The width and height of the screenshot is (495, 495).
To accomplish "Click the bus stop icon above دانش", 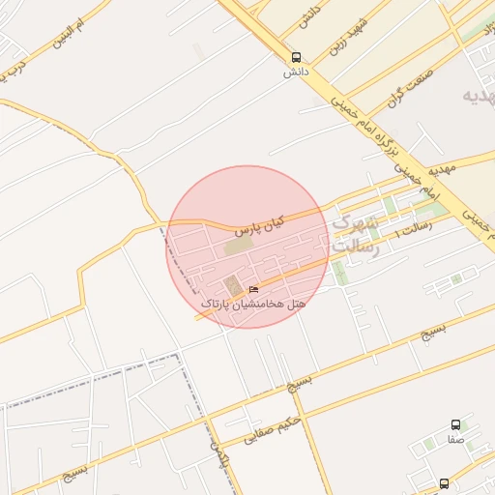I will (x=295, y=57).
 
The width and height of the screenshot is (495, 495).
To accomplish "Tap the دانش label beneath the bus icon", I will (x=294, y=72).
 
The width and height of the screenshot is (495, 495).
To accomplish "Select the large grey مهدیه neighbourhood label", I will (x=479, y=97).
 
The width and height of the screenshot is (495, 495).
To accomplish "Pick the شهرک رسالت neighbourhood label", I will (x=355, y=235).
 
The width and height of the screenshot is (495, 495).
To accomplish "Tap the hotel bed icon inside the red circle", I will (x=253, y=289).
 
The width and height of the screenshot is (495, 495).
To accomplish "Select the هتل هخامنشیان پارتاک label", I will (x=253, y=304).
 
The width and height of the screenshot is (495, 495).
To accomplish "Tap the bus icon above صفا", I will (x=455, y=424).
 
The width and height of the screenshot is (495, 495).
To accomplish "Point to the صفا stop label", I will (x=455, y=439).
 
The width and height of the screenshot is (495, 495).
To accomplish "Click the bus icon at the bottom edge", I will (x=444, y=482).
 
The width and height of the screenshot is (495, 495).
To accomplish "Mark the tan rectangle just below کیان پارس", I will (x=238, y=247).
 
